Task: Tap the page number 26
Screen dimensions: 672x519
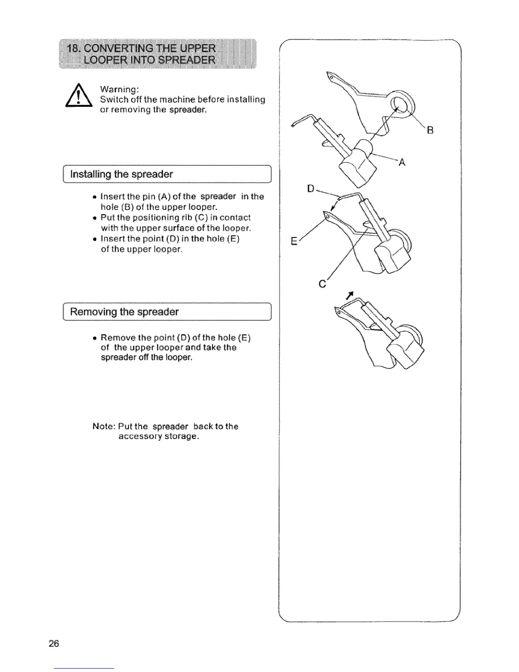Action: (54, 644)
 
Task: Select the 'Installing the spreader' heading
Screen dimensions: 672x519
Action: (121, 174)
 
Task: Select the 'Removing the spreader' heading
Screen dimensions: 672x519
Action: (124, 312)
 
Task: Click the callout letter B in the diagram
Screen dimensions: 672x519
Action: (430, 131)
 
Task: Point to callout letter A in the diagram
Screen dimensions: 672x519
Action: (402, 162)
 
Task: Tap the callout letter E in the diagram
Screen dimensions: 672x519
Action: (293, 242)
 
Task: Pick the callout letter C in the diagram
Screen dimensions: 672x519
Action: (322, 284)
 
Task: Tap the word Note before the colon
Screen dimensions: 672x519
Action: (102, 426)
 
